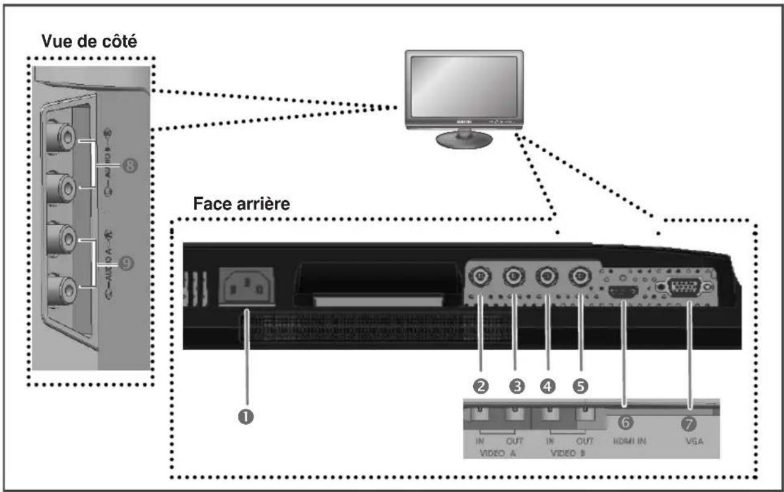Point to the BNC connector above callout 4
[x=545, y=278]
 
